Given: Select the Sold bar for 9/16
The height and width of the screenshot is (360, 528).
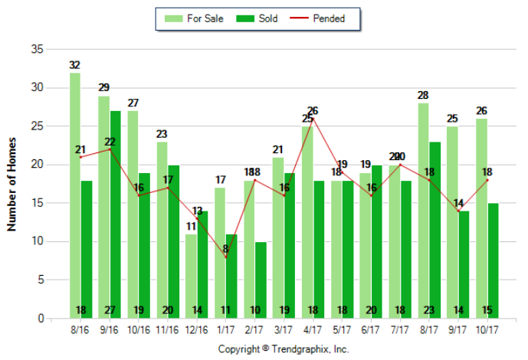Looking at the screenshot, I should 115,214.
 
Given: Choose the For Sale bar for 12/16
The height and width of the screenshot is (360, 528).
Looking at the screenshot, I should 191,276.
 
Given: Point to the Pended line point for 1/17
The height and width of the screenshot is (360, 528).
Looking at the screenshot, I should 226,257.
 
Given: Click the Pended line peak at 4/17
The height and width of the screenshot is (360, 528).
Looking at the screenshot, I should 313,119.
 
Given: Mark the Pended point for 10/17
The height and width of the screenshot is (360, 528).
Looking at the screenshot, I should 488,180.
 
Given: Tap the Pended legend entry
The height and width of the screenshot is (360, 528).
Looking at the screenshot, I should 320,18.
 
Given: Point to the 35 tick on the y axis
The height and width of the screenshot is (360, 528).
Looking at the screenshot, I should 36,50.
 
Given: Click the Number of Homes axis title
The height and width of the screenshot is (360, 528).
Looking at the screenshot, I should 11,184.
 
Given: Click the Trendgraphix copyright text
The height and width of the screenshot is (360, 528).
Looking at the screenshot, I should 284,349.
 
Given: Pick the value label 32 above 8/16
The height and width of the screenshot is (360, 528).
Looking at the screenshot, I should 74,65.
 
